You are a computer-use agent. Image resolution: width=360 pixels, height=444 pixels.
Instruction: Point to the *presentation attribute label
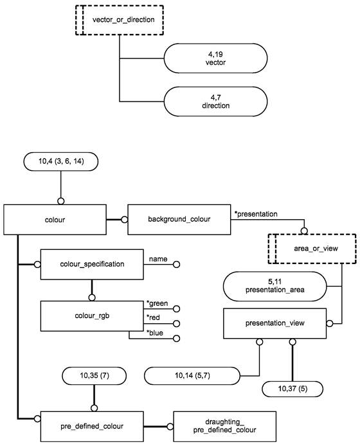256,214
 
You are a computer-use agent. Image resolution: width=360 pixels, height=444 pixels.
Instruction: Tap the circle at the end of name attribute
176,265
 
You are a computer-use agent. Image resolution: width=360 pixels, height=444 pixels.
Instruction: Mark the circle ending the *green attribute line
176,308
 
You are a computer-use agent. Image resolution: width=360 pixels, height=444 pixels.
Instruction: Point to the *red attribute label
153,317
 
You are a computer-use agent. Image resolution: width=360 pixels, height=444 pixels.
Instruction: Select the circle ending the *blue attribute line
176,339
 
